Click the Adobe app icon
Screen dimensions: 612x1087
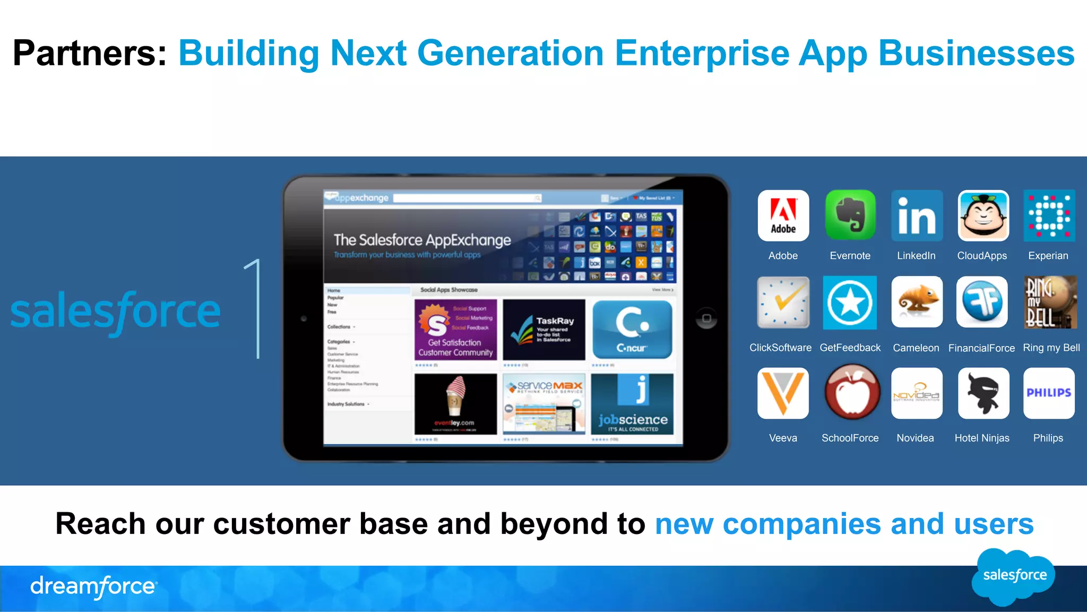(783, 216)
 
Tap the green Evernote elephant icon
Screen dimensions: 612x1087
(850, 216)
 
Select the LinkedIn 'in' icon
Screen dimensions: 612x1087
(917, 216)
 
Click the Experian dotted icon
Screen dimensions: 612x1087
(1049, 216)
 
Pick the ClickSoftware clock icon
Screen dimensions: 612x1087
(783, 303)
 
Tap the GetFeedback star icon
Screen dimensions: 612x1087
(850, 303)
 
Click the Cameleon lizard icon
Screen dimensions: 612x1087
(917, 302)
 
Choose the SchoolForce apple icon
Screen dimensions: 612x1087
(851, 393)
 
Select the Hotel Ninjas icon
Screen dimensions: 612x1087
(983, 393)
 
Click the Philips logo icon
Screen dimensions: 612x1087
(1049, 393)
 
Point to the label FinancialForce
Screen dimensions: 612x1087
(981, 348)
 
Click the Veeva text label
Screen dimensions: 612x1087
(783, 438)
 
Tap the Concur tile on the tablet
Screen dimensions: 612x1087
(632, 330)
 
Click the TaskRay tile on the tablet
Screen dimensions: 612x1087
(544, 330)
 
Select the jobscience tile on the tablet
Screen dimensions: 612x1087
(632, 404)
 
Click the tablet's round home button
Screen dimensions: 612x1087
(706, 318)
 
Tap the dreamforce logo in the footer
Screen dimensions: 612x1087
(93, 587)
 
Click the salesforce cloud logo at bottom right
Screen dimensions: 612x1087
(1014, 576)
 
